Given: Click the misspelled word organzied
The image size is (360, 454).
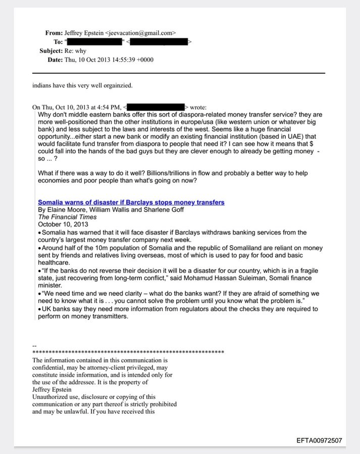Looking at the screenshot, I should point(118,85).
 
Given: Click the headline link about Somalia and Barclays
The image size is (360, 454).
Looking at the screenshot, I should point(131,202).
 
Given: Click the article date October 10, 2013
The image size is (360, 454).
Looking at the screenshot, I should point(63,224).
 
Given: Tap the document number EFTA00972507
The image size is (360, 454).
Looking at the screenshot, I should point(320,440).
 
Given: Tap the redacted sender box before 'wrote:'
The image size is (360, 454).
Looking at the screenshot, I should point(155,107).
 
